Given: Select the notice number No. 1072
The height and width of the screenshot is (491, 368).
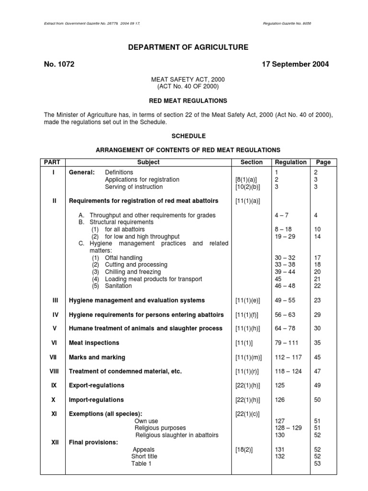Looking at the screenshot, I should [58, 64].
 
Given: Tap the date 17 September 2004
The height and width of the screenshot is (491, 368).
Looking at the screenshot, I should [295, 64].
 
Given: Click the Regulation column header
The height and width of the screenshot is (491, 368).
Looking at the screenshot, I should [290, 162].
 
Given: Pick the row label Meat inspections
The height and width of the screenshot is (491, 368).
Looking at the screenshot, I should [94, 343].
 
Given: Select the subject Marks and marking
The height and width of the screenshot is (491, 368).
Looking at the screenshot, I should [97, 357].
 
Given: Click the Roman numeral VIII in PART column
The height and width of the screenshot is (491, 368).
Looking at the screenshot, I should [54, 371].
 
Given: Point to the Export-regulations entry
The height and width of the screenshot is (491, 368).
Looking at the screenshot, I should [96, 385].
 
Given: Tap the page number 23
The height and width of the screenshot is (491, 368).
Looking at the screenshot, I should [317, 300].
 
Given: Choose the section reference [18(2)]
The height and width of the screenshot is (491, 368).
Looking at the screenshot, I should [244, 449].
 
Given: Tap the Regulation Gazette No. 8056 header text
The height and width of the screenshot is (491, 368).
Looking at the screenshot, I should [290, 23].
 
